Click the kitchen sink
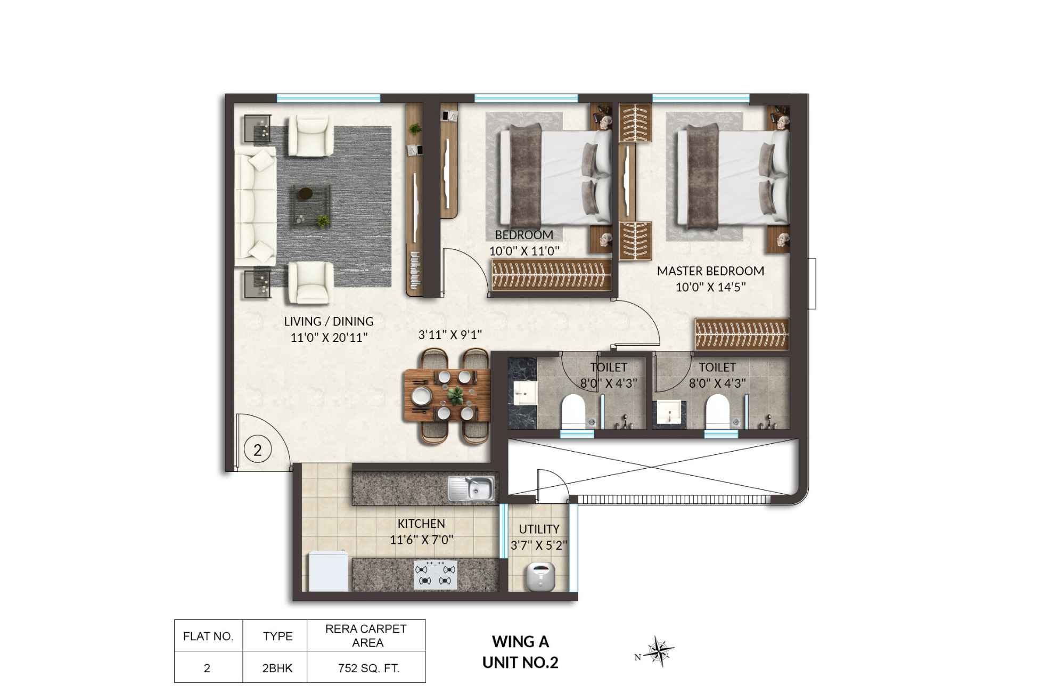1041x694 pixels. [x=471, y=488]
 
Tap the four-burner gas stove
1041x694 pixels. [x=436, y=575]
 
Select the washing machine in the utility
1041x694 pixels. [x=540, y=576]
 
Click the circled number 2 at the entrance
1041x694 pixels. [x=258, y=450]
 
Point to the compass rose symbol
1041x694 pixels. [x=659, y=651]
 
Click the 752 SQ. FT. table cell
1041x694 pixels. [x=368, y=668]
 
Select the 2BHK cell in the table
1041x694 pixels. [x=277, y=668]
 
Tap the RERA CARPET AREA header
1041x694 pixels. [x=366, y=635]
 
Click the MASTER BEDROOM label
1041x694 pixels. [x=710, y=271]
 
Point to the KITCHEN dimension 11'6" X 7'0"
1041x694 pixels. [x=421, y=540]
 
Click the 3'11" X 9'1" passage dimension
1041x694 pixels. [x=450, y=334]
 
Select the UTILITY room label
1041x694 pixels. [x=539, y=529]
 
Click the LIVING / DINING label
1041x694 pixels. [x=329, y=321]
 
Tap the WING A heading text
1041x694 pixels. [x=520, y=642]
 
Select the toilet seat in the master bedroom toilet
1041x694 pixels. [x=717, y=410]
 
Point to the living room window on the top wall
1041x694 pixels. [x=329, y=98]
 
